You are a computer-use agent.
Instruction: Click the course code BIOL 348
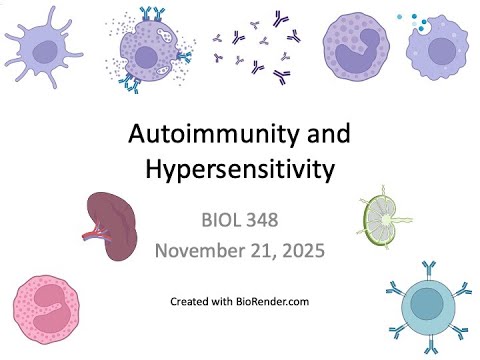pyautogui.click(x=241, y=217)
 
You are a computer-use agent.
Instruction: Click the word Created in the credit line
pyautogui.click(x=191, y=301)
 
